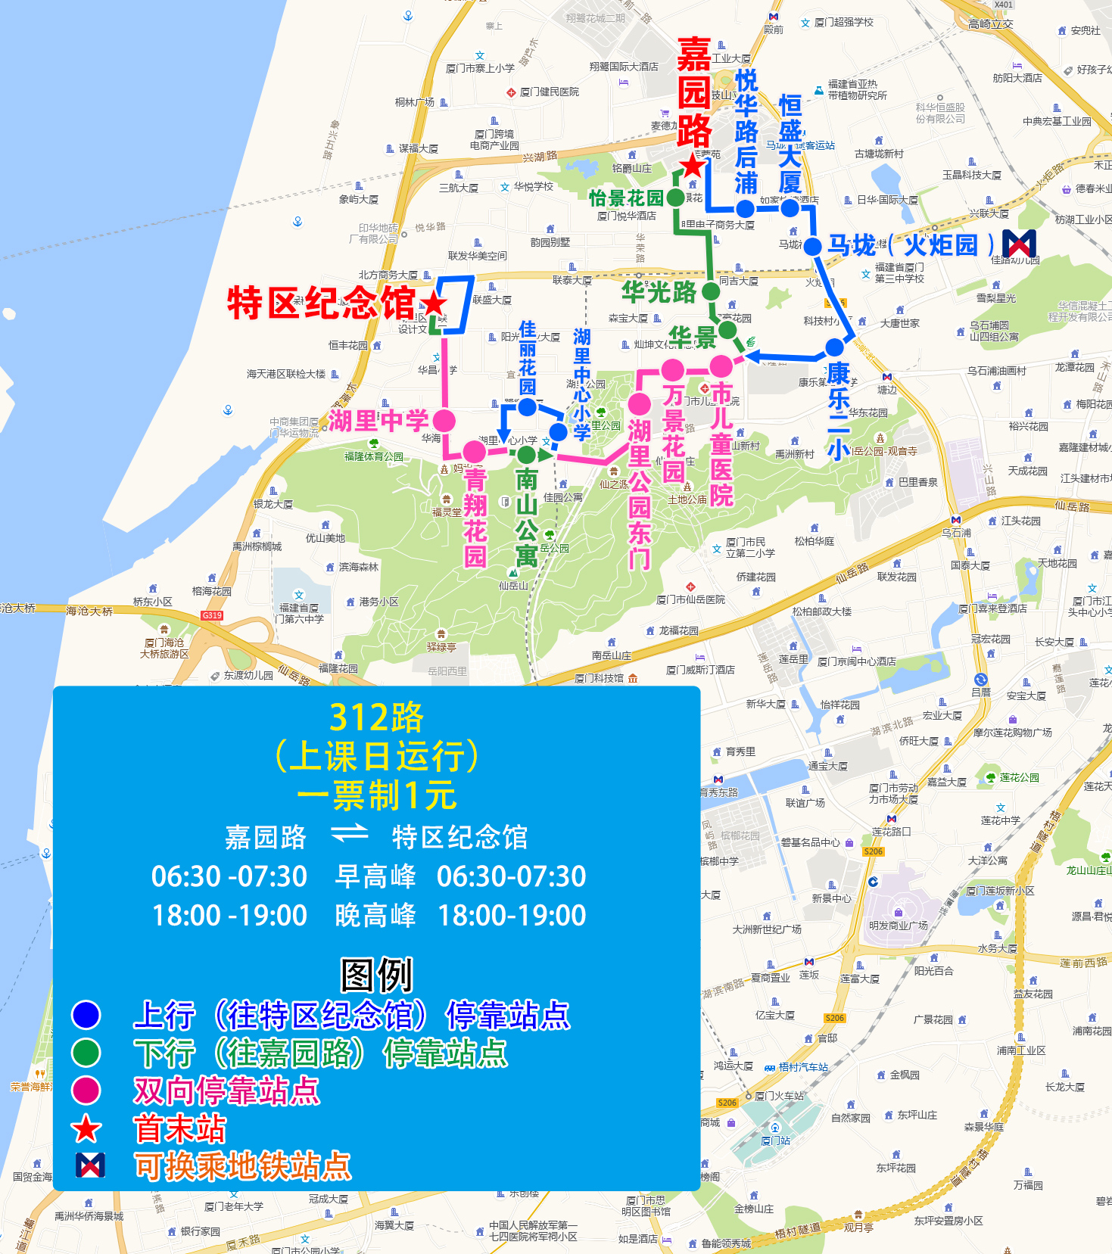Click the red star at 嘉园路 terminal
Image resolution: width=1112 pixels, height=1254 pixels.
tap(692, 166)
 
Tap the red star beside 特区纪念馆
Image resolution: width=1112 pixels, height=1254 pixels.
tap(434, 304)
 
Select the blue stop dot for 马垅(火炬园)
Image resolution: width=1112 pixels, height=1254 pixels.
tap(812, 246)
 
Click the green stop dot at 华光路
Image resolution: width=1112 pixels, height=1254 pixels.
tap(710, 291)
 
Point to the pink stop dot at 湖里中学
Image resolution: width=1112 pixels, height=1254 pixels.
tap(444, 420)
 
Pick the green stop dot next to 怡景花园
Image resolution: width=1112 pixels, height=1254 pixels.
tap(675, 198)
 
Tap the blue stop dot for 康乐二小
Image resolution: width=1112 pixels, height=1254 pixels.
tap(834, 347)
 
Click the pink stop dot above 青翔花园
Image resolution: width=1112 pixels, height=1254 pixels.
tap(475, 451)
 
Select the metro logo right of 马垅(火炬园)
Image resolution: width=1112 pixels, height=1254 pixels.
tap(1019, 244)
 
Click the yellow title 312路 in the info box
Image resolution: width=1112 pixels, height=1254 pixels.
tap(376, 717)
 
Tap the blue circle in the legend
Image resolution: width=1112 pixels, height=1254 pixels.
tap(86, 1015)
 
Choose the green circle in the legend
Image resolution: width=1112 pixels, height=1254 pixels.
tap(86, 1053)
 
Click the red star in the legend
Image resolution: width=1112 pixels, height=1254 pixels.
tap(86, 1129)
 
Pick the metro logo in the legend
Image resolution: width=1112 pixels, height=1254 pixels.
tap(90, 1165)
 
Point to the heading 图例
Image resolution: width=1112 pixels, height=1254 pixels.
tap(376, 975)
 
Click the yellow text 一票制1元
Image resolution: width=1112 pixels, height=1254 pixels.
tap(376, 795)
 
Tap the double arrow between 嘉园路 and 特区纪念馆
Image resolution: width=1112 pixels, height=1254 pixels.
tap(349, 835)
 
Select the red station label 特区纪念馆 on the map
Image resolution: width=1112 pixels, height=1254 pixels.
tap(321, 303)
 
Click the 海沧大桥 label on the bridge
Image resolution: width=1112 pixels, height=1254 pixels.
tap(89, 611)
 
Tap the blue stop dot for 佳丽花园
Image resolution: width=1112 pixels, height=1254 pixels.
tap(528, 407)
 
